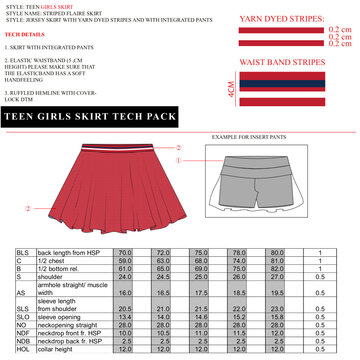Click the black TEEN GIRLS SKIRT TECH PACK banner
90,118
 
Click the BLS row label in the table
21,253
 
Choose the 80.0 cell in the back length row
265,253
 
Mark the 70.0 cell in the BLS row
125,253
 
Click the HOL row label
21,349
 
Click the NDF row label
22,333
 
